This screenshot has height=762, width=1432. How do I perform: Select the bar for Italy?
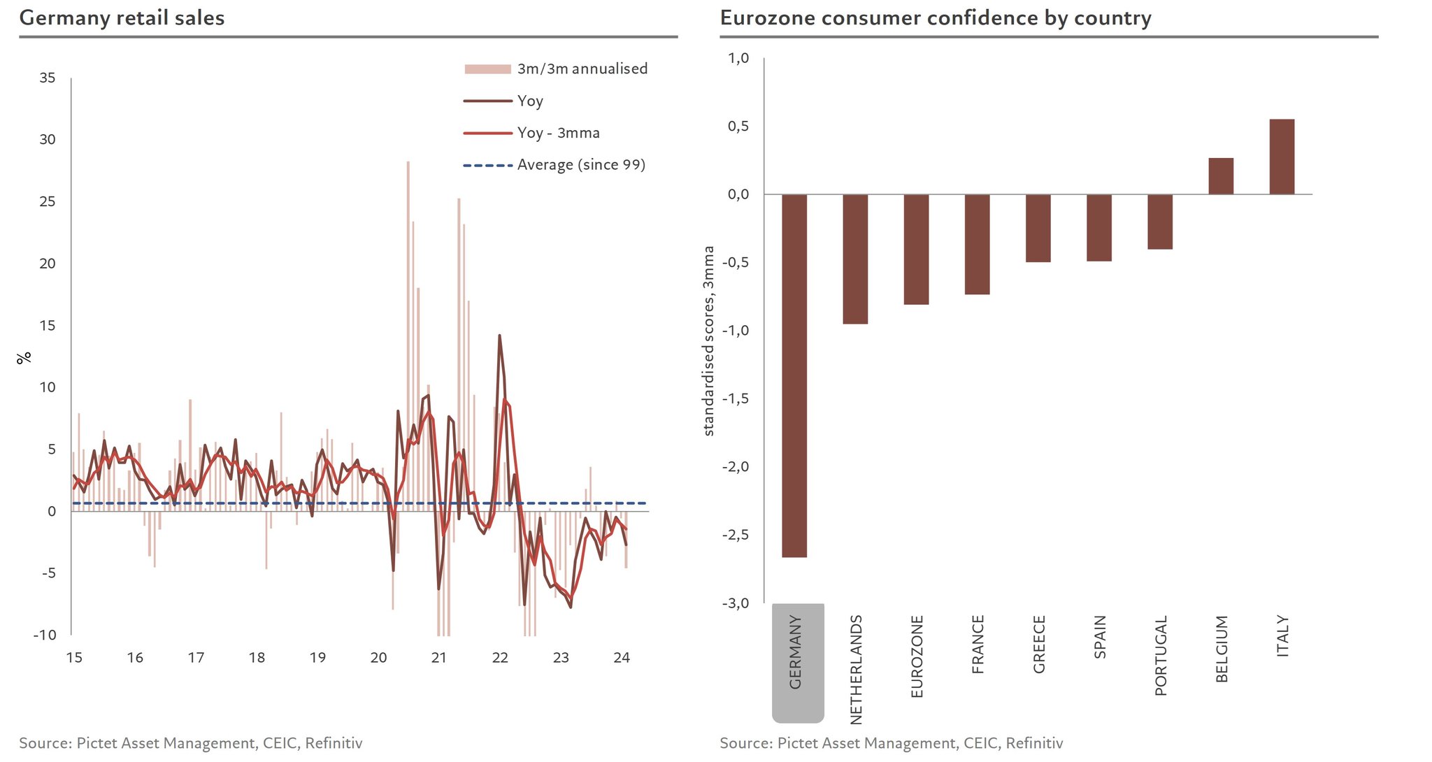pyautogui.click(x=1282, y=157)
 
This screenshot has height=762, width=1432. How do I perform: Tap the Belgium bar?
pyautogui.click(x=1221, y=176)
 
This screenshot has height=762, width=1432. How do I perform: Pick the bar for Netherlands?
pyautogui.click(x=855, y=259)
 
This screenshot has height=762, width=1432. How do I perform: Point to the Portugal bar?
pyautogui.click(x=1160, y=222)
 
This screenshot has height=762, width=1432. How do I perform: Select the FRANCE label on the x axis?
pyautogui.click(x=978, y=644)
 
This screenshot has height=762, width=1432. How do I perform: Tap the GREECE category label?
pyautogui.click(x=1039, y=644)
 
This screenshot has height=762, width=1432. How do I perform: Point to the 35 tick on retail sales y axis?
pyautogui.click(x=48, y=78)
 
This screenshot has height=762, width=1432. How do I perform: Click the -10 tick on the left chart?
pyautogui.click(x=45, y=635)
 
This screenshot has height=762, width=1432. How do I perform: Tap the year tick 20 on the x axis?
pyautogui.click(x=378, y=657)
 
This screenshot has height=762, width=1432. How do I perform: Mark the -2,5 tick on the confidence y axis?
pyautogui.click(x=735, y=535)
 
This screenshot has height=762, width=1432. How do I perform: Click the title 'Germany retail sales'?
pyautogui.click(x=122, y=17)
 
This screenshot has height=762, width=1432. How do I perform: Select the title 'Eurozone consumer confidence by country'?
pyautogui.click(x=936, y=17)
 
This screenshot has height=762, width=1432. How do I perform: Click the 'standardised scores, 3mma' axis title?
pyautogui.click(x=709, y=341)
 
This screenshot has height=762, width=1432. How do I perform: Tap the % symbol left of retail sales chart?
pyautogui.click(x=24, y=357)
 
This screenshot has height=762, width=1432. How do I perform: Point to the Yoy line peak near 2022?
pyautogui.click(x=499, y=336)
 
